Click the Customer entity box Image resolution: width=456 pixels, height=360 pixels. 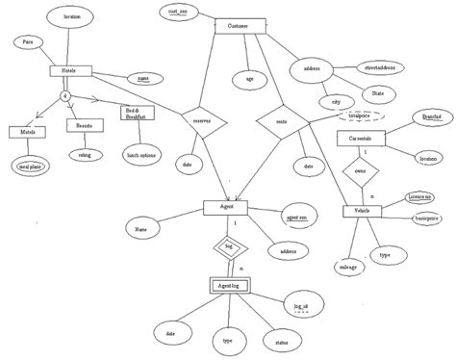[236, 26]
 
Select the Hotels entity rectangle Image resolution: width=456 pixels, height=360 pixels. [69, 70]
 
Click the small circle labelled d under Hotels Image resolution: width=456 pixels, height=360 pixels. [65, 96]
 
